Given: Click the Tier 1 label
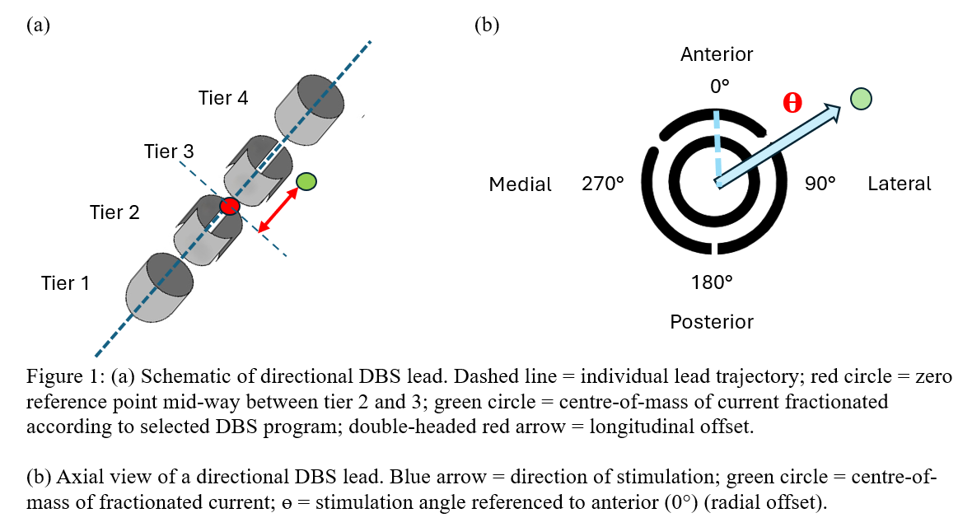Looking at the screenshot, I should click(65, 283).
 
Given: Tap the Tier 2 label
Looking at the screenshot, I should click(114, 212).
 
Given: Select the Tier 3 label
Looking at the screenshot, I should click(169, 152).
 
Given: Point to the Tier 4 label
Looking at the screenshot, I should click(223, 98).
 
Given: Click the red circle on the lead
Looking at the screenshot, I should click(229, 205).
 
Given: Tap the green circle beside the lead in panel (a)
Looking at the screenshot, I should click(306, 181).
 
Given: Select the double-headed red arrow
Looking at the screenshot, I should click(277, 210).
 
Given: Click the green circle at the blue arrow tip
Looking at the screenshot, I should click(860, 99).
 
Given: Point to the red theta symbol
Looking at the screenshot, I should click(792, 102).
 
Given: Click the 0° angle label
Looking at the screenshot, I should click(720, 85).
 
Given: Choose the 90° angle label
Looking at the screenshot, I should click(820, 184).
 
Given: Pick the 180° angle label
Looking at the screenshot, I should click(712, 282).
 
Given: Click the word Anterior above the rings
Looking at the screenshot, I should click(717, 54).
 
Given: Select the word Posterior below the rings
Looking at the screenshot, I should click(712, 321).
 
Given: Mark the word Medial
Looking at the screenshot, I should click(521, 184).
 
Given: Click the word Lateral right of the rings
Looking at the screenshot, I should click(900, 184).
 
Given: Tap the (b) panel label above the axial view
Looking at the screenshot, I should click(487, 25).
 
